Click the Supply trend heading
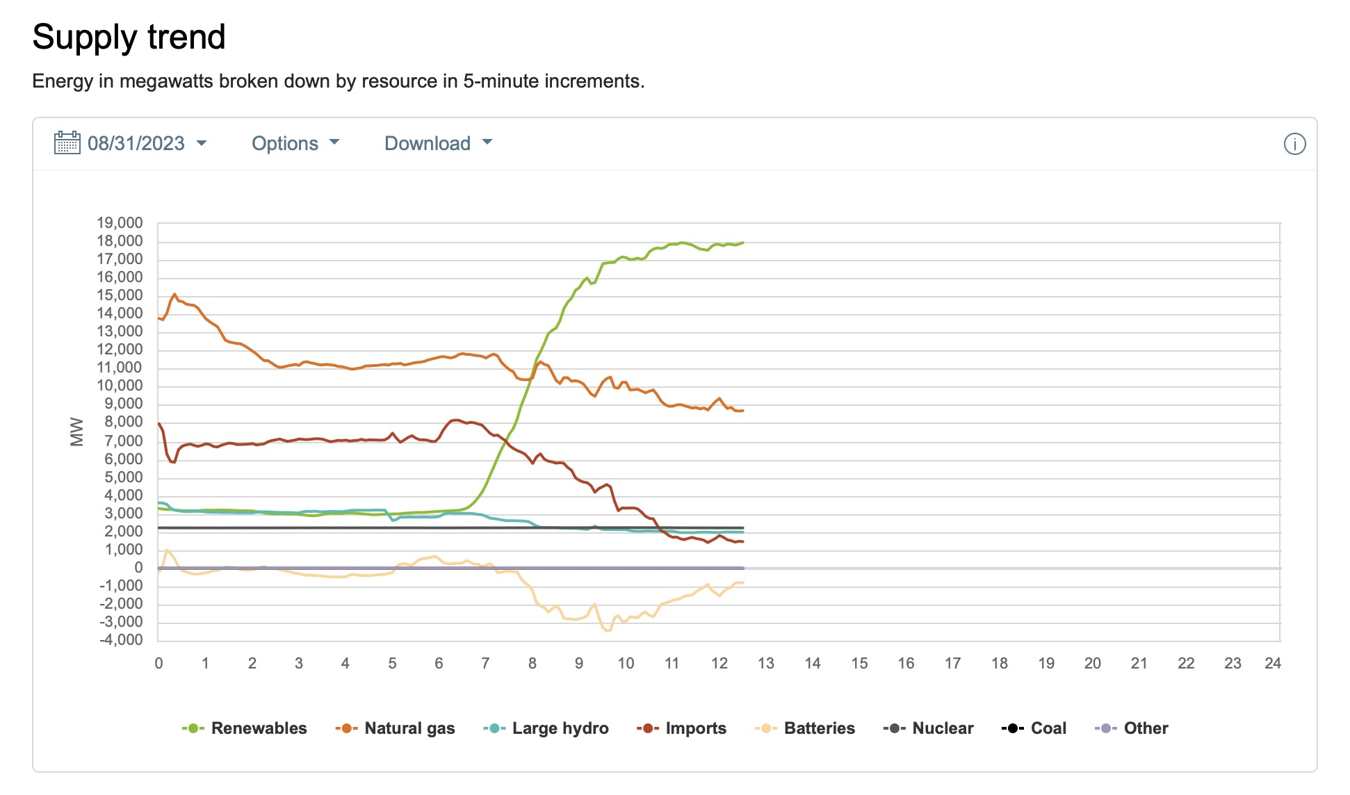pos(129,37)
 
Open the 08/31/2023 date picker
pos(136,143)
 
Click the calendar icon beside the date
pos(67,143)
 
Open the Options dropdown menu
pos(295,143)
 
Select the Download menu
pos(438,143)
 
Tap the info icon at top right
pos(1294,144)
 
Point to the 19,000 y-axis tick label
pos(120,223)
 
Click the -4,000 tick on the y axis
pos(121,640)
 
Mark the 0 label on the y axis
pos(138,568)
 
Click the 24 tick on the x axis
pos(1272,663)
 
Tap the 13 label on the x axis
pos(765,663)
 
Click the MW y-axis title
pos(76,432)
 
